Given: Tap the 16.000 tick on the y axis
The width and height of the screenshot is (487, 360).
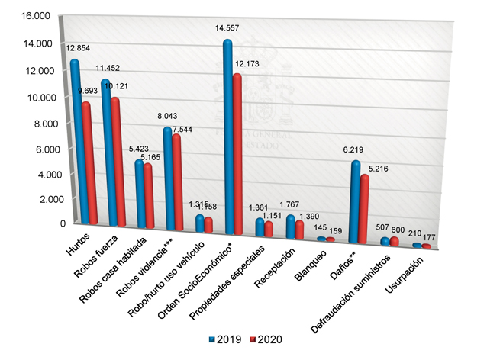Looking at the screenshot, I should pos(37,18).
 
